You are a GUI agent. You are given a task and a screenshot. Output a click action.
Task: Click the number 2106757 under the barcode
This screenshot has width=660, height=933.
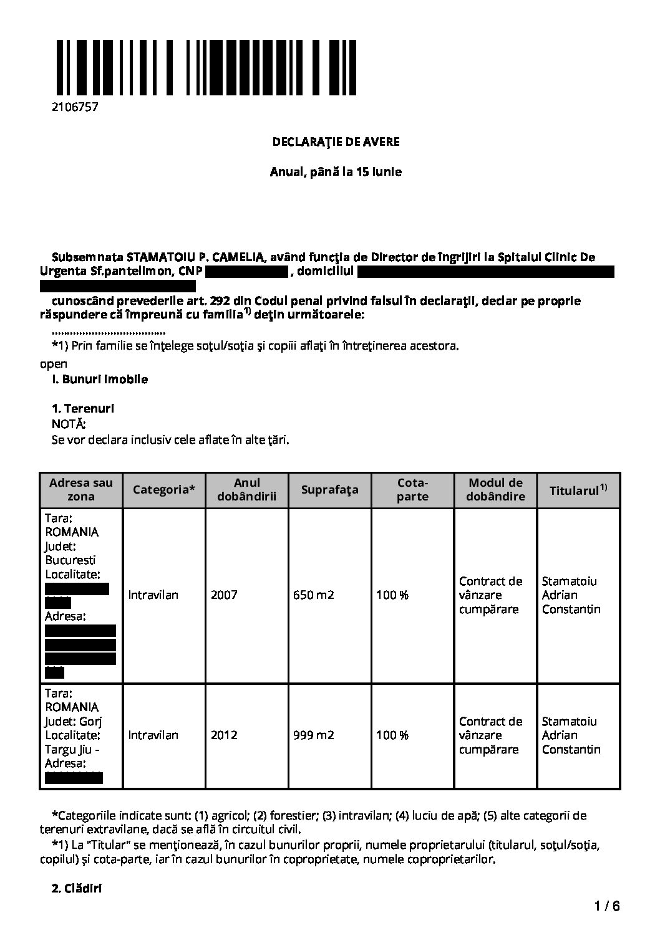[x=75, y=107]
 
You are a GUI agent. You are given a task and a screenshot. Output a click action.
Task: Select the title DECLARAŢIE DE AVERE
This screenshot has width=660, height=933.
[x=336, y=141]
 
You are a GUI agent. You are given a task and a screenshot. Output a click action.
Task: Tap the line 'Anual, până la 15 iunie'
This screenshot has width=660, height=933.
[x=336, y=171]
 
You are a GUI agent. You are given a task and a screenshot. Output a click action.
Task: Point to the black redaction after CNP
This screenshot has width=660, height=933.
[x=246, y=272]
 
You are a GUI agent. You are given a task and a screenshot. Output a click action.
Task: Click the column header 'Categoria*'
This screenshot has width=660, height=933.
[x=163, y=490]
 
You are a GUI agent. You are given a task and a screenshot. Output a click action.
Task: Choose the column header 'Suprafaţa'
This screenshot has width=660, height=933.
[x=329, y=490]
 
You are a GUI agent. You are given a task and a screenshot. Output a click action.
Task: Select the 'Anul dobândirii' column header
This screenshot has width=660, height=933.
[x=246, y=490]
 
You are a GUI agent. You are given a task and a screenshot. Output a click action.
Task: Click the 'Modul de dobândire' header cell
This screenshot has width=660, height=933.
[x=495, y=490]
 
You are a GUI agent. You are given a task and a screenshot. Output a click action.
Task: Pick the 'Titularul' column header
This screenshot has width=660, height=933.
[x=578, y=490]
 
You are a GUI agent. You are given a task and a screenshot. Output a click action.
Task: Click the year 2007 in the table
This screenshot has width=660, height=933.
[x=224, y=595]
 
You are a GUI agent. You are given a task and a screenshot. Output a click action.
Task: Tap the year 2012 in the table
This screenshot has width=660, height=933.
[x=224, y=735]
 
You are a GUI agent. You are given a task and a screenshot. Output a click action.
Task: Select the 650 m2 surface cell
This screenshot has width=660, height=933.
[x=314, y=595]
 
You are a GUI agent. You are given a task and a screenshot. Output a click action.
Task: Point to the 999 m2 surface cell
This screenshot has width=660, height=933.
[x=314, y=735]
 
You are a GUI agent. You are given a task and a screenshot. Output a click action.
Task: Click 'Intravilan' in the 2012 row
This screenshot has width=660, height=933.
[x=153, y=735]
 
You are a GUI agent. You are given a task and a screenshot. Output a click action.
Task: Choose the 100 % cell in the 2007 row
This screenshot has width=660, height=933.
[x=392, y=595]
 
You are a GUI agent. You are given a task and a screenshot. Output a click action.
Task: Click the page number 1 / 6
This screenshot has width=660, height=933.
[x=607, y=906]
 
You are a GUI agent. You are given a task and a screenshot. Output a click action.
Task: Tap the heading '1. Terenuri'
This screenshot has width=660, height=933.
[x=83, y=409]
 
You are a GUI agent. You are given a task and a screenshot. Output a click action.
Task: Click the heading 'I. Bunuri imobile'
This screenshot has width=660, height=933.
[x=100, y=379]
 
